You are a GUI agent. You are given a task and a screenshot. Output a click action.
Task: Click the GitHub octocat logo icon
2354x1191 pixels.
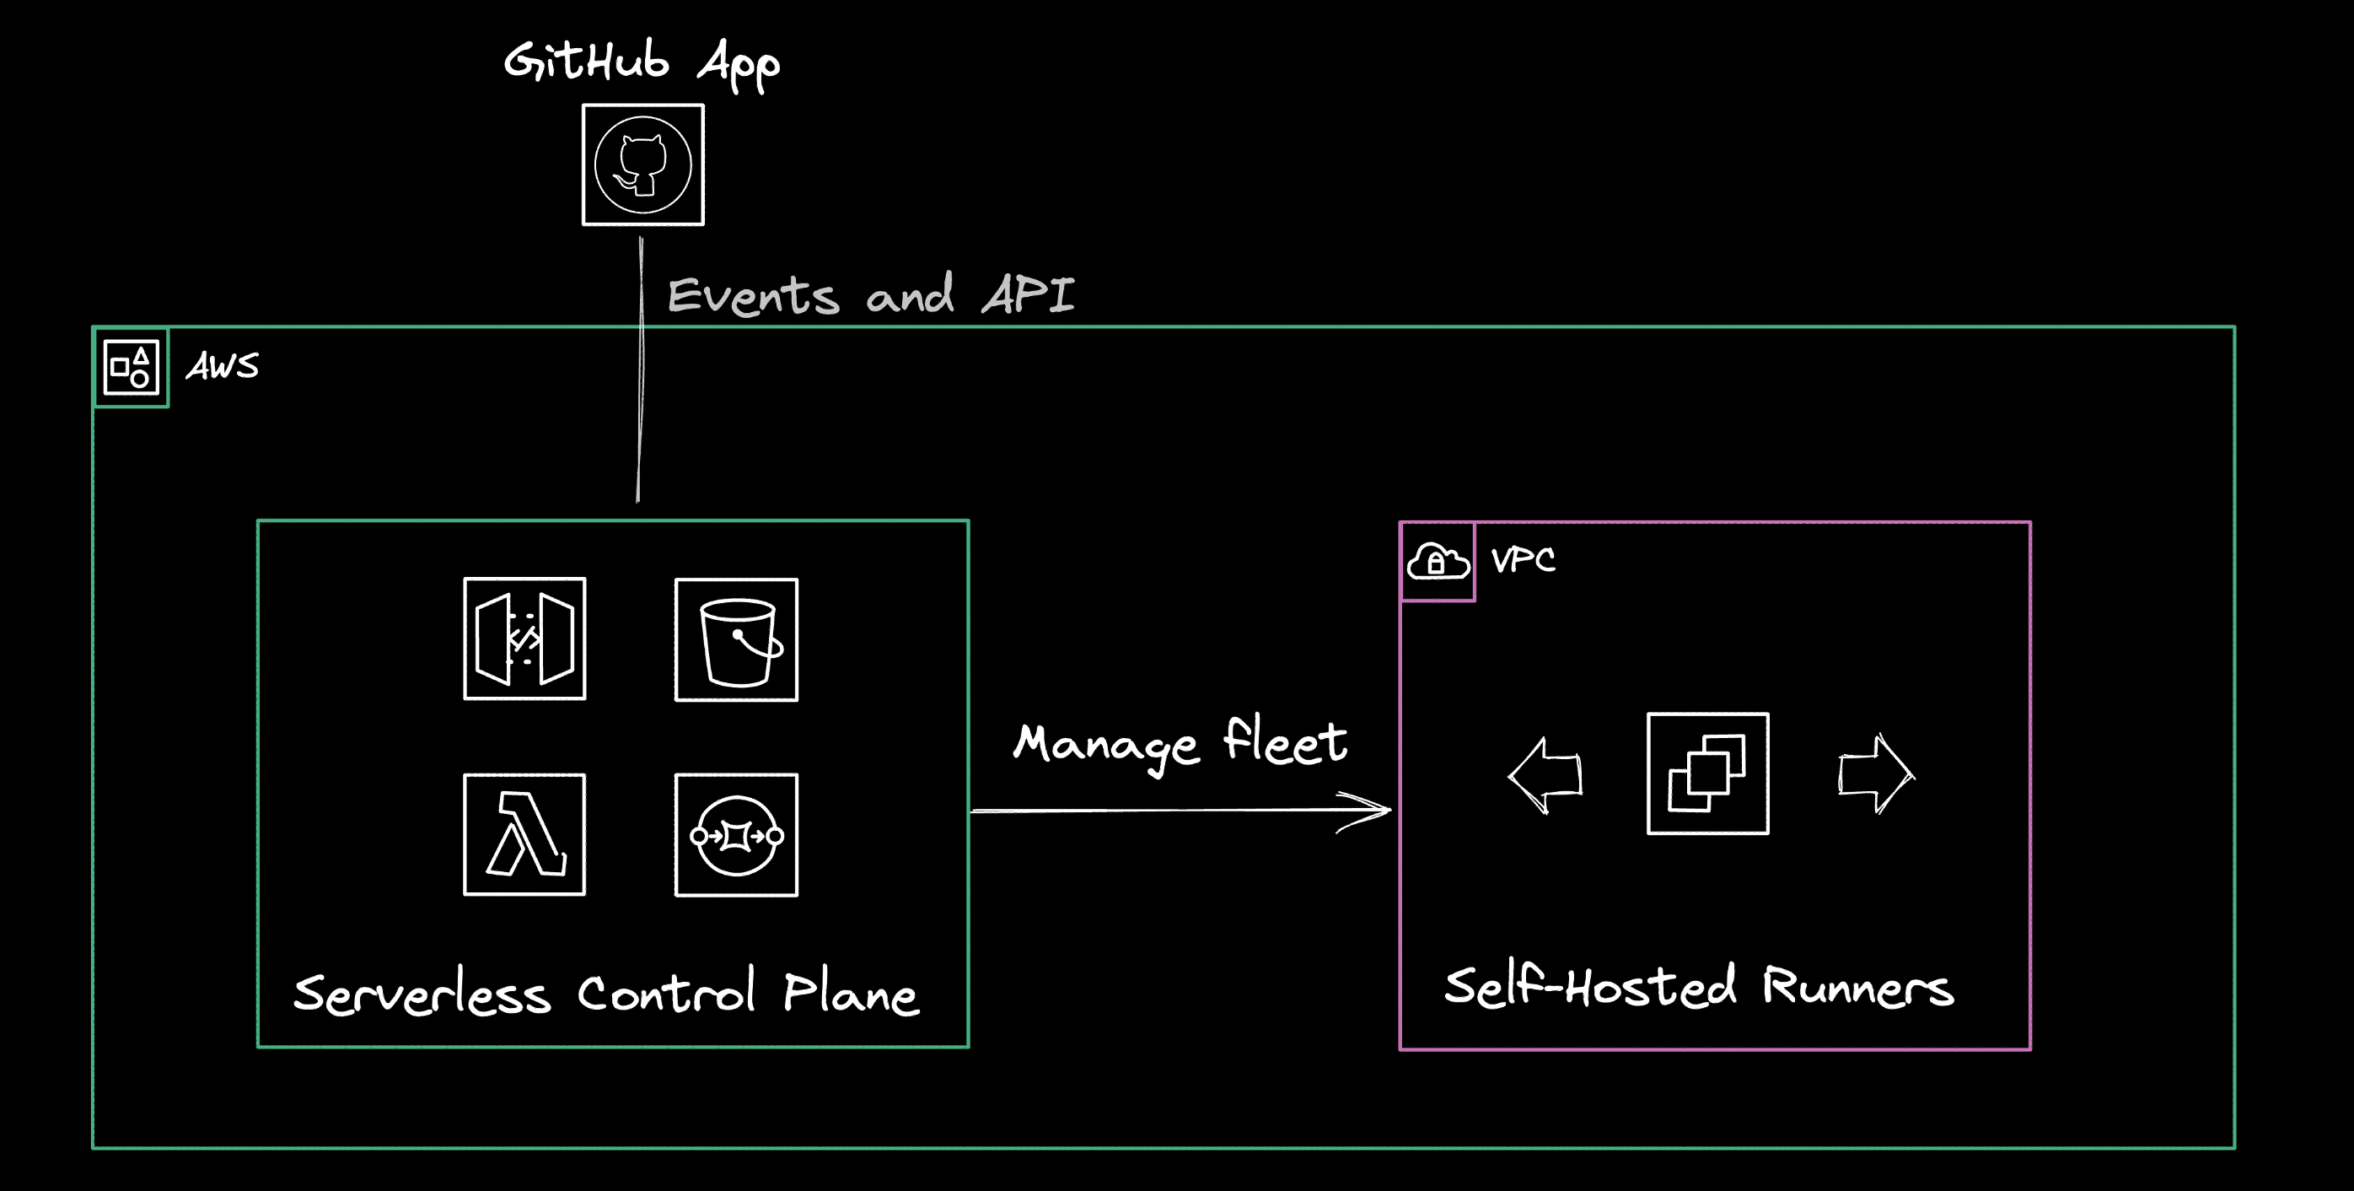(642, 165)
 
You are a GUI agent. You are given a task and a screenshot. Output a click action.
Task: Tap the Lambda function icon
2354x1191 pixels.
(524, 834)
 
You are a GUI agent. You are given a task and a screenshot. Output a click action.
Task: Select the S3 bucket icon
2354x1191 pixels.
(737, 640)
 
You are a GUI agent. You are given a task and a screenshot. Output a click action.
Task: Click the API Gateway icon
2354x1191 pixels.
(524, 639)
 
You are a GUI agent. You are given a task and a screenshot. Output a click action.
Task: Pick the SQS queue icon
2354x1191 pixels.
(737, 835)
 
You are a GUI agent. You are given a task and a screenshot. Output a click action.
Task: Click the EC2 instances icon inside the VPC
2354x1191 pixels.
(1707, 774)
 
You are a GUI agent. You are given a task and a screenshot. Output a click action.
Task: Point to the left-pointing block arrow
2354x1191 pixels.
(1545, 775)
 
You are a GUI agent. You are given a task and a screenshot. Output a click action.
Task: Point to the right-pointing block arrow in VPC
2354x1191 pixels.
(1875, 774)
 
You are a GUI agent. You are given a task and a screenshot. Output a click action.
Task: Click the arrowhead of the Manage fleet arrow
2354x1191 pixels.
(1375, 810)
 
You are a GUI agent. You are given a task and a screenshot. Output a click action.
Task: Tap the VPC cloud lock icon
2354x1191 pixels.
(1438, 561)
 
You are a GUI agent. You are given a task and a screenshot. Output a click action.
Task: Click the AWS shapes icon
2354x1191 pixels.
(132, 367)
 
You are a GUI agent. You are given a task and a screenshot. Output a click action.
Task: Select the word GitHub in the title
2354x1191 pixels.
(587, 62)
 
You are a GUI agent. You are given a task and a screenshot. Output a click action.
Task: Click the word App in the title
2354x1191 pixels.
(739, 64)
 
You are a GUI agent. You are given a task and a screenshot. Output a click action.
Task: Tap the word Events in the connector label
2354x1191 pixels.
(753, 296)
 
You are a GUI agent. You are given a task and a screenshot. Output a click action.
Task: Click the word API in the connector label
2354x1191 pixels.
(1028, 294)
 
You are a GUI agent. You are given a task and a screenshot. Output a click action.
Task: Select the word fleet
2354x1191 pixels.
(1285, 741)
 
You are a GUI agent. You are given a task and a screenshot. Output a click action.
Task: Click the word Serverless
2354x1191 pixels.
(422, 994)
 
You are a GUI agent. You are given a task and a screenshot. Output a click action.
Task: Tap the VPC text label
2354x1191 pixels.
(1523, 559)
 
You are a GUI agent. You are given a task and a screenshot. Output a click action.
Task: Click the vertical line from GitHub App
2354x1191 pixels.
(641, 384)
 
